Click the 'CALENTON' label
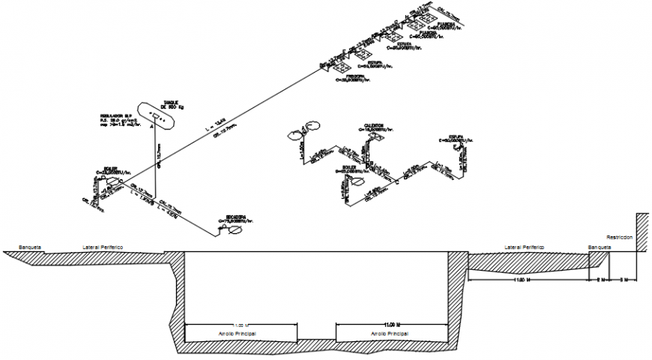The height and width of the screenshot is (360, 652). click(374, 125)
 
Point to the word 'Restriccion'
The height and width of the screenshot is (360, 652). click(620, 236)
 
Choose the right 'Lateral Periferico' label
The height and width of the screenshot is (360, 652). click(524, 246)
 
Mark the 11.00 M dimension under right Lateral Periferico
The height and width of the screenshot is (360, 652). click(522, 278)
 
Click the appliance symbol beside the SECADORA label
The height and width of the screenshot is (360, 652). click(235, 230)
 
